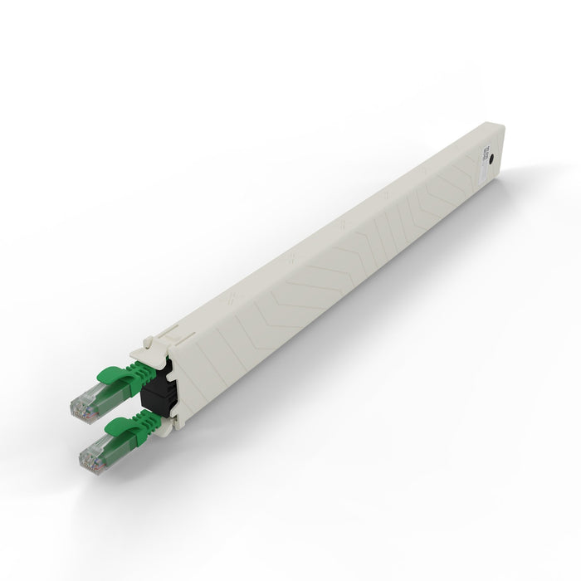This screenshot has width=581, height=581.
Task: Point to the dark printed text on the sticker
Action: coord(481,157)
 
